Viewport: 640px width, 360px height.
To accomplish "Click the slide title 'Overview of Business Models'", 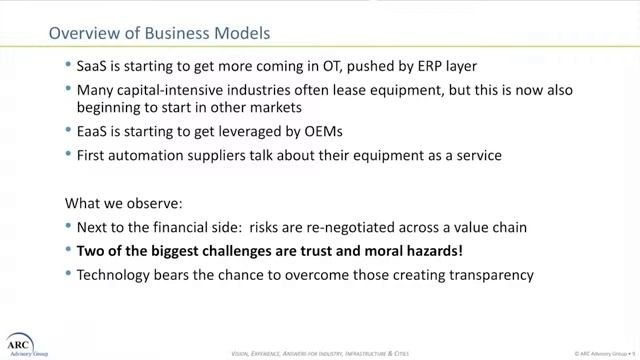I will click(160, 33).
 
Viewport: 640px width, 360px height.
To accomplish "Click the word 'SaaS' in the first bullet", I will click(94, 66).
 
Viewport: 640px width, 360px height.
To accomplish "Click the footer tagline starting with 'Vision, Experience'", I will click(320, 353).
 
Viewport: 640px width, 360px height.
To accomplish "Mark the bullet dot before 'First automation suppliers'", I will click(67, 155).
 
